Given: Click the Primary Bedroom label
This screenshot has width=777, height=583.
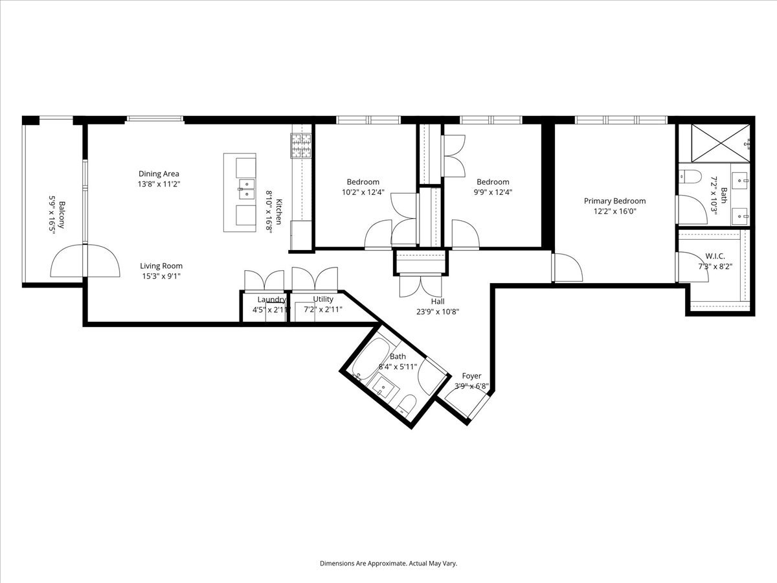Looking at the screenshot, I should pyautogui.click(x=614, y=201).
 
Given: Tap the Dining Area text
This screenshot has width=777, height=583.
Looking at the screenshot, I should pyautogui.click(x=159, y=174).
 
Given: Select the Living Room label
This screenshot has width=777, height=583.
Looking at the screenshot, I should pyautogui.click(x=161, y=266).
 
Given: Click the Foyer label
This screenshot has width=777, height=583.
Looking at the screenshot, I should pyautogui.click(x=471, y=376).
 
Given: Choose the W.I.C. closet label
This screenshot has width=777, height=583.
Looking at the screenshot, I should pyautogui.click(x=715, y=257).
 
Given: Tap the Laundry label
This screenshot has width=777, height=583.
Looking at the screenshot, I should pyautogui.click(x=271, y=299).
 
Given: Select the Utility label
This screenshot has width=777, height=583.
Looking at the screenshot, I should pyautogui.click(x=323, y=299).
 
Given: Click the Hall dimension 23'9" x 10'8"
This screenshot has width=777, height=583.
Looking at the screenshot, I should pyautogui.click(x=438, y=311).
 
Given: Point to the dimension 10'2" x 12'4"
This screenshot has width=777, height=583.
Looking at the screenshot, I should pyautogui.click(x=363, y=192).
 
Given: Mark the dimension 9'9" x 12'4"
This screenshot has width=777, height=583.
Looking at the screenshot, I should pyautogui.click(x=493, y=192).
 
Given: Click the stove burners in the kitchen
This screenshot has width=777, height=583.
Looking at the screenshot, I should pyautogui.click(x=301, y=146).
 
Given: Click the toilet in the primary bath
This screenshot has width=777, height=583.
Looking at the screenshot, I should pyautogui.click(x=689, y=176).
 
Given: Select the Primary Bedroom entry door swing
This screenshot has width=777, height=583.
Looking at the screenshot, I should pyautogui.click(x=567, y=267).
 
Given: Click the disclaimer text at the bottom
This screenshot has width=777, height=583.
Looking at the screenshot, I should pyautogui.click(x=388, y=564).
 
